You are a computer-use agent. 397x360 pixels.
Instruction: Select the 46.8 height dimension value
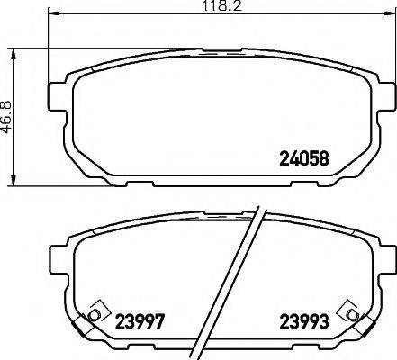click(x=8, y=116)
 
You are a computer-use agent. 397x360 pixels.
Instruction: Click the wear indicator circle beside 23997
click(x=93, y=315)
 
